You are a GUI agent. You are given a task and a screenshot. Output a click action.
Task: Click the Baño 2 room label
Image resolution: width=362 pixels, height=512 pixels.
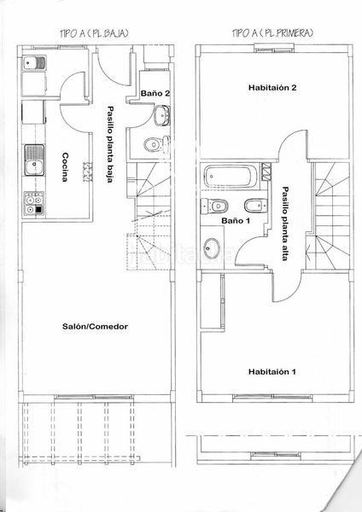[x=155, y=93]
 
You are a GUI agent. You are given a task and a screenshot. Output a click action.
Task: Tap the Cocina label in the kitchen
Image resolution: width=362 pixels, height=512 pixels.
[x=66, y=167]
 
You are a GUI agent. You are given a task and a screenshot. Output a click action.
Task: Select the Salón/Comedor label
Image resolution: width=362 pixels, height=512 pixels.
[x=95, y=326]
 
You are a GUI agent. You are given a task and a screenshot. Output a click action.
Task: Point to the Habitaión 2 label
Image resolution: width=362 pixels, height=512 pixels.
[x=272, y=88]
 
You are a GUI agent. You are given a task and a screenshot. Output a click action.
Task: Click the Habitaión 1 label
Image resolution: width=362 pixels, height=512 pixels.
[x=272, y=371]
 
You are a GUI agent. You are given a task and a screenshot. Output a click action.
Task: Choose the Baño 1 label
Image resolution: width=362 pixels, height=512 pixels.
[x=236, y=221]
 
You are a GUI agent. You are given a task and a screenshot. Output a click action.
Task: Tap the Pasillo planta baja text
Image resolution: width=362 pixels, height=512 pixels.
[x=111, y=144]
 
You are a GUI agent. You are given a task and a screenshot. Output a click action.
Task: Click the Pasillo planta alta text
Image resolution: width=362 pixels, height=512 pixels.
[x=285, y=224]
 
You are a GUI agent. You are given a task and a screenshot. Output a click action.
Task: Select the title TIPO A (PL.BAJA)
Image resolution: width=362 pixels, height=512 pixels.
[x=94, y=33]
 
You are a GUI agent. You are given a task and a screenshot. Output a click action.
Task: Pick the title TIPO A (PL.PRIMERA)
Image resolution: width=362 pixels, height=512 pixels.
[x=273, y=33]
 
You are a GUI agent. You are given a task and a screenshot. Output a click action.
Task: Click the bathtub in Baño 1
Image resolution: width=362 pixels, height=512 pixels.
[x=231, y=177]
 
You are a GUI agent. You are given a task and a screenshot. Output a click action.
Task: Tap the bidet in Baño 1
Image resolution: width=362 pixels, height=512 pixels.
[x=256, y=206]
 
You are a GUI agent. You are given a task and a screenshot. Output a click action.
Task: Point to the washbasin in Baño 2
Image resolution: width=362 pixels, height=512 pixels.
[x=161, y=115]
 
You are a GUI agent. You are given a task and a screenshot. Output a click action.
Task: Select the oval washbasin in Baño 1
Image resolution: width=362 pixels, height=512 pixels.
[x=212, y=247]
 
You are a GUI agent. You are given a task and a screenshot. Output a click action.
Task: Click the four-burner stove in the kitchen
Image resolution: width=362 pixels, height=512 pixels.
[x=33, y=205]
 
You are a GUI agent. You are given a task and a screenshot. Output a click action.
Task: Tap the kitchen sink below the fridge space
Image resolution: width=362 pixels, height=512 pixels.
[x=34, y=160]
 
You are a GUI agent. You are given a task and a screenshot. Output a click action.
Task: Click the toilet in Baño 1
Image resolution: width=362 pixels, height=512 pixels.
[x=214, y=206]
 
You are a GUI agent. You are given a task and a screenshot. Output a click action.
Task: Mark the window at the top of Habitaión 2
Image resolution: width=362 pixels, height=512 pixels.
[x=275, y=49]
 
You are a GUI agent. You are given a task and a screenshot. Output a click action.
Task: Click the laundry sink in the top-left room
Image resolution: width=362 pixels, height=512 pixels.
[x=34, y=62]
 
